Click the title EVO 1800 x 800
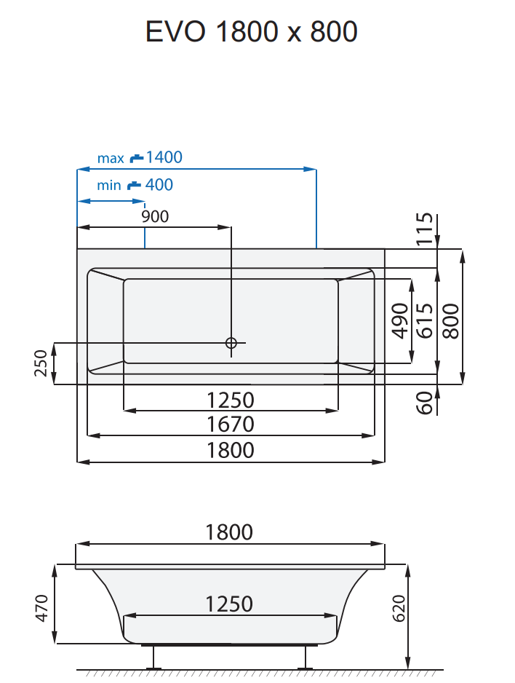point(252,32)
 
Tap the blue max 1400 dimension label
point(140,157)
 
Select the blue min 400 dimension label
point(135,185)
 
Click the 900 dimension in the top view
point(155,216)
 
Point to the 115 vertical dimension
point(426,229)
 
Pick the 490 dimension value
point(399,321)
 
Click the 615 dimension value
point(425,321)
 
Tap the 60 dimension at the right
point(426,402)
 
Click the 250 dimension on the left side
point(41,363)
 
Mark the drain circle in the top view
point(231,343)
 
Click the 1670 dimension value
point(231,424)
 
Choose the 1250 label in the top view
point(231,400)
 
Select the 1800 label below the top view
point(231,450)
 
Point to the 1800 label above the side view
point(229,532)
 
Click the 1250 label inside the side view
point(229,604)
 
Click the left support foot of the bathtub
point(154,658)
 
